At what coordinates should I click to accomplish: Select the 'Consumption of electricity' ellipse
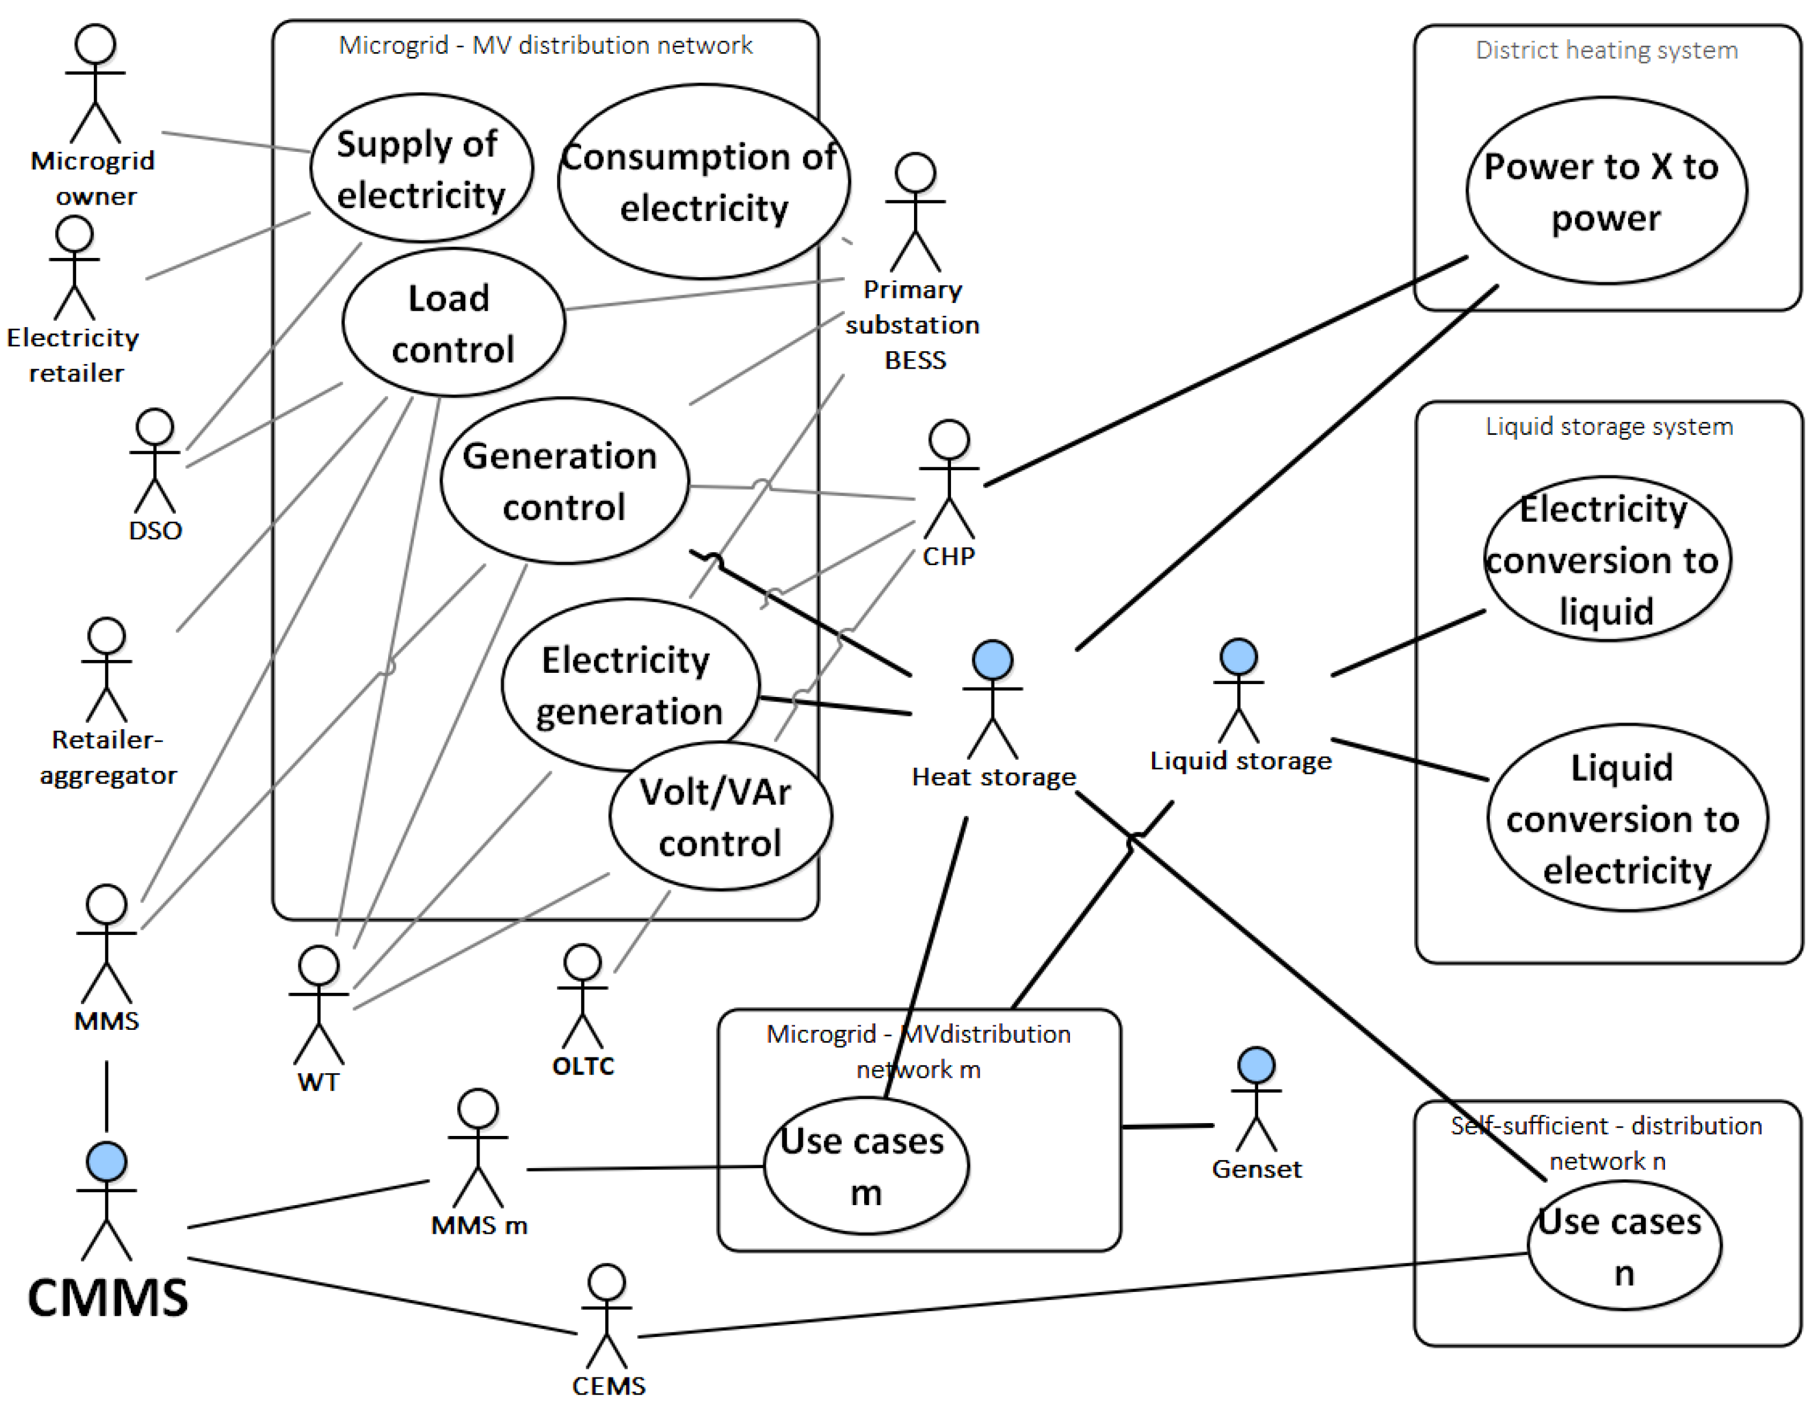click(x=704, y=181)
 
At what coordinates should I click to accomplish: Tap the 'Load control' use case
click(x=454, y=322)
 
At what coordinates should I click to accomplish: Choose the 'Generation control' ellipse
click(x=565, y=481)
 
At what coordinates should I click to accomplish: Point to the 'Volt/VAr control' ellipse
click(x=720, y=817)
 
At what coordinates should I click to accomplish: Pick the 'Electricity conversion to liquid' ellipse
click(x=1607, y=559)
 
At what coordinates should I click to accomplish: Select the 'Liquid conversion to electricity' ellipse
click(x=1627, y=818)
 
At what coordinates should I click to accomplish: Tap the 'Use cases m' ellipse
click(x=867, y=1165)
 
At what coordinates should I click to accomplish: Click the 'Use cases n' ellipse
click(x=1625, y=1246)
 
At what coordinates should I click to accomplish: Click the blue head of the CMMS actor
click(x=106, y=1161)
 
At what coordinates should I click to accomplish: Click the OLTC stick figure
click(x=582, y=996)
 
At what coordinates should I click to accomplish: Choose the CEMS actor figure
click(x=607, y=1317)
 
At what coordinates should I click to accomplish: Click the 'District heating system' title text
click(x=1606, y=50)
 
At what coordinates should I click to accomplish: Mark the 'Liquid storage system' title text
click(x=1609, y=427)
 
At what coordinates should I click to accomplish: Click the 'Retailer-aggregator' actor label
click(x=108, y=757)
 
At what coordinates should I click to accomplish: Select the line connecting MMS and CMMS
click(x=106, y=1096)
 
